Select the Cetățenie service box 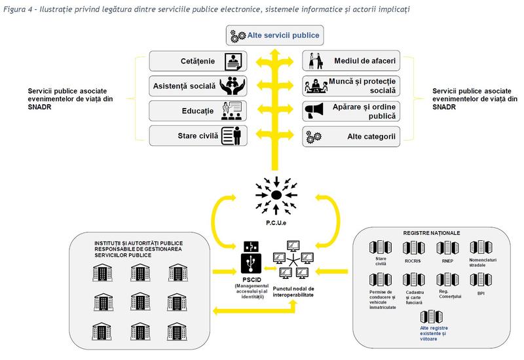[196, 62]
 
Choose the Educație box [196, 111]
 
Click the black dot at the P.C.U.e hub [277, 194]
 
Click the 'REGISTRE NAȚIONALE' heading [432, 232]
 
